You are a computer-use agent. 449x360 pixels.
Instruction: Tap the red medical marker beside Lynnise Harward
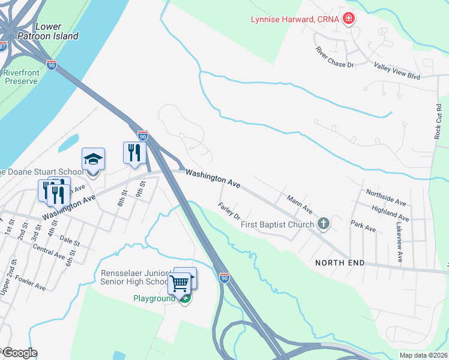(348, 19)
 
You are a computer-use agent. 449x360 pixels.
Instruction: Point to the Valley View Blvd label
(396, 70)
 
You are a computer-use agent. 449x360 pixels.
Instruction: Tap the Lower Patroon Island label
(56, 31)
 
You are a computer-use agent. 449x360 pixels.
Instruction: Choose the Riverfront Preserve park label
(21, 77)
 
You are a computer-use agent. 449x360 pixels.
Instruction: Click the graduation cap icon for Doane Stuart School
(93, 160)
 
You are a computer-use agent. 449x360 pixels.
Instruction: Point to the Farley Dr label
(229, 211)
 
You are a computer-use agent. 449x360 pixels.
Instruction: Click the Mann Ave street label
(300, 204)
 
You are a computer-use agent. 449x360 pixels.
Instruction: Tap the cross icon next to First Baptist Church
(324, 224)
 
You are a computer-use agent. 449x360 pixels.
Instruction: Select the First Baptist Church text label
(277, 225)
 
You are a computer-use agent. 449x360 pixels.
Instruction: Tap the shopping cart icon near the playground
(179, 283)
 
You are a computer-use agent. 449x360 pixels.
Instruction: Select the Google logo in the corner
(19, 353)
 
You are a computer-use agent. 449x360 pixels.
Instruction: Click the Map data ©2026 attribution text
(423, 355)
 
